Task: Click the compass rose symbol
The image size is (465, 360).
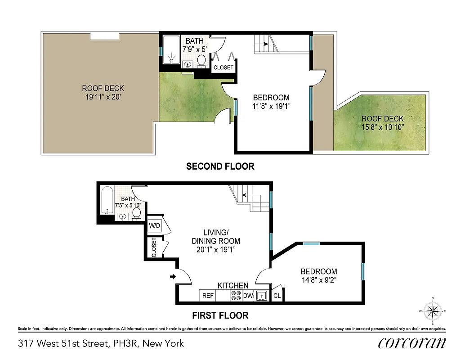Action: pyautogui.click(x=433, y=310)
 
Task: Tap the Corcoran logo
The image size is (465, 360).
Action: pyautogui.click(x=412, y=343)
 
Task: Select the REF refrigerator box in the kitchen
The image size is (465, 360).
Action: pyautogui.click(x=208, y=296)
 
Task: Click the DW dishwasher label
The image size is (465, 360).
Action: pyautogui.click(x=248, y=296)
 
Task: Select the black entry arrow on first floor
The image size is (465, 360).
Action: pyautogui.click(x=173, y=277)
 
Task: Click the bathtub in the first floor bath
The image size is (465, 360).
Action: pyautogui.click(x=106, y=201)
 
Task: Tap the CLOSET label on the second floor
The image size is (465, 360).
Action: pyautogui.click(x=224, y=67)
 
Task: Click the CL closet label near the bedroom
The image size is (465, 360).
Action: pyautogui.click(x=277, y=296)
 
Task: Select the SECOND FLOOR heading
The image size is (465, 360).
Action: pyautogui.click(x=220, y=166)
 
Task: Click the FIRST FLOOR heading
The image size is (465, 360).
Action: pyautogui.click(x=220, y=315)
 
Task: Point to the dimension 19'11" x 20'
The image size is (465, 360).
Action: pyautogui.click(x=103, y=97)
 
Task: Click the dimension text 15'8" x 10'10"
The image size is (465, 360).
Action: pyautogui.click(x=383, y=127)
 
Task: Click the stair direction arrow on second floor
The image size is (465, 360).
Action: pyautogui.click(x=265, y=44)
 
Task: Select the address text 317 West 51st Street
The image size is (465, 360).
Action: pyautogui.click(x=63, y=344)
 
